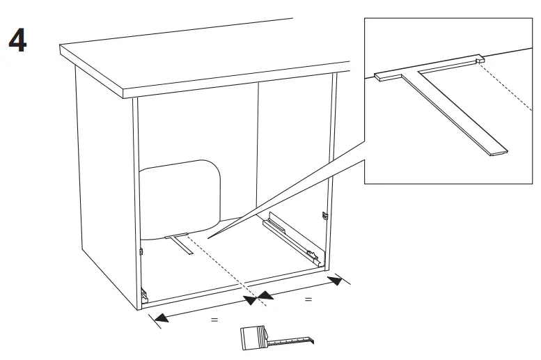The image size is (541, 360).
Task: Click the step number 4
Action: pos(17,41)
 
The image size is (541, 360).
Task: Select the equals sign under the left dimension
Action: pos(214,320)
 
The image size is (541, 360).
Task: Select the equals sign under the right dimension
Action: pos(308,299)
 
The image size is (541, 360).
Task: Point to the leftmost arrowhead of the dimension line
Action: pos(159,318)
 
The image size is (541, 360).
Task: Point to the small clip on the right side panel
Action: pos(325,217)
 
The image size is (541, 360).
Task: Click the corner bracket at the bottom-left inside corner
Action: pos(144,295)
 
